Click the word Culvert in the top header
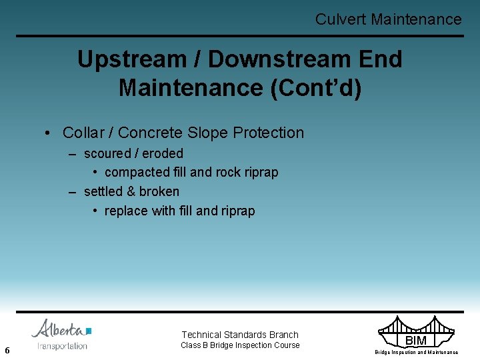(x=341, y=19)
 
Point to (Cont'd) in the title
(x=316, y=87)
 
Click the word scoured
(x=107, y=153)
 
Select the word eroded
(x=161, y=153)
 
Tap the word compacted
(x=137, y=172)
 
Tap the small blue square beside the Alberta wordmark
(x=89, y=331)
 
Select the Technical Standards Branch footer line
(x=240, y=335)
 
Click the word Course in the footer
(x=287, y=345)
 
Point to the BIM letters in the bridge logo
(x=416, y=341)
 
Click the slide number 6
(x=7, y=350)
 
